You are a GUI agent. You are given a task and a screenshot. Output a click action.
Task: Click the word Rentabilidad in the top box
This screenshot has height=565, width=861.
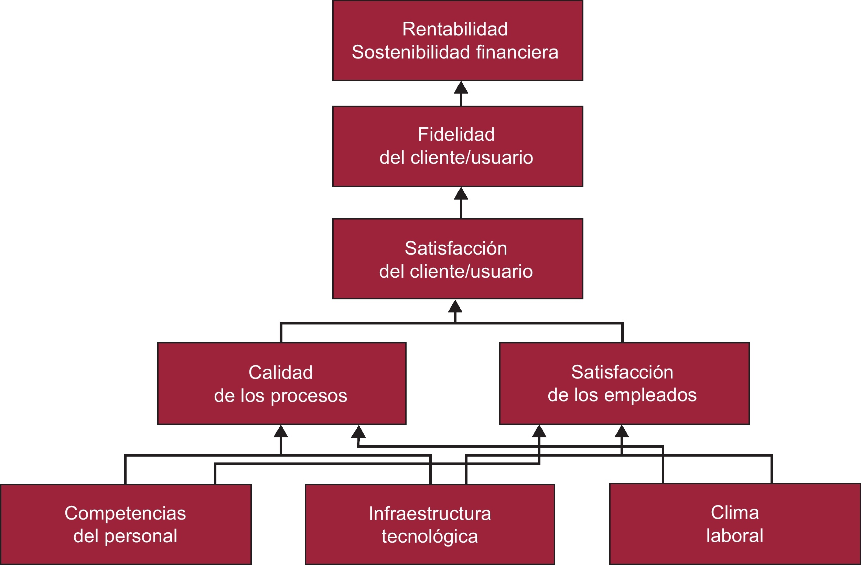455,29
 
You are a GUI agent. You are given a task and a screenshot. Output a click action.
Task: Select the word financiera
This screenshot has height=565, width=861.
517,52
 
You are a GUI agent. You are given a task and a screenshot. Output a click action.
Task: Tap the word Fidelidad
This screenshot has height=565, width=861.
456,134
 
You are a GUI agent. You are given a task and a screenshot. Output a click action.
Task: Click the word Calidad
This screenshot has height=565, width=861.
281,372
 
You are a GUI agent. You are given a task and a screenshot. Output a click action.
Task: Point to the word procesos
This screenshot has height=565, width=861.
309,396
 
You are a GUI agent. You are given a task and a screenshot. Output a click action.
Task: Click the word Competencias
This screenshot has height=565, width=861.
125,513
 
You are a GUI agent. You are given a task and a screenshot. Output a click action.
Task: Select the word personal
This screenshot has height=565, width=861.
141,536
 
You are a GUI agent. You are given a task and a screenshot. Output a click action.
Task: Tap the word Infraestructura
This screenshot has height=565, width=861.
430,514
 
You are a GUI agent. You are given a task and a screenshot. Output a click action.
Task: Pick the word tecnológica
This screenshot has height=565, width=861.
430,537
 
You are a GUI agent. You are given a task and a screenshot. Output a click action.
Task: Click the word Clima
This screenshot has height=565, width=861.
735,512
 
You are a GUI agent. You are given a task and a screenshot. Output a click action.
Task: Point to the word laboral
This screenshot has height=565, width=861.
735,536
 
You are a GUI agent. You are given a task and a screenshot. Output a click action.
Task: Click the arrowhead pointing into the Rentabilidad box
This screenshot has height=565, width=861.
461,88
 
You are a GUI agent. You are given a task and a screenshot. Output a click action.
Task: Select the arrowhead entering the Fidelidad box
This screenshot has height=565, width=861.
461,194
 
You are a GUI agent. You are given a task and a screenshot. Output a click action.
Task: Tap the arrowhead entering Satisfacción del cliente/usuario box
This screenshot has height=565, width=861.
455,306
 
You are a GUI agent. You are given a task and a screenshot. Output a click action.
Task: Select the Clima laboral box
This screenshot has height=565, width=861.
735,524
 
